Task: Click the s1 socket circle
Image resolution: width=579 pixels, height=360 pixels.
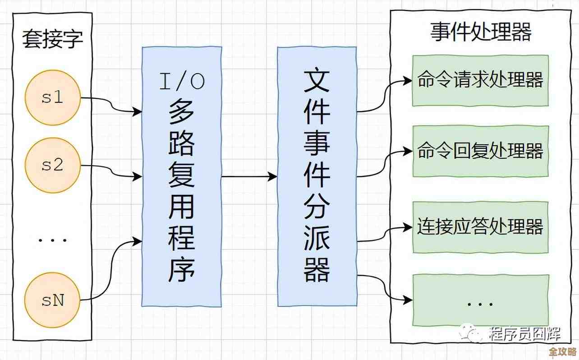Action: pos(53,97)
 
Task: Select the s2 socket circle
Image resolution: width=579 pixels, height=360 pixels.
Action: pos(53,165)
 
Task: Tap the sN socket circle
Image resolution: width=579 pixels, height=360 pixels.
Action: pos(53,300)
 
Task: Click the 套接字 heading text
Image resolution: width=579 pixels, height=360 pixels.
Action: pos(53,40)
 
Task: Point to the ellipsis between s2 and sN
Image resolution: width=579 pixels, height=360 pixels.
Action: pos(53,239)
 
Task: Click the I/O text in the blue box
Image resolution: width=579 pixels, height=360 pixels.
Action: pos(182,81)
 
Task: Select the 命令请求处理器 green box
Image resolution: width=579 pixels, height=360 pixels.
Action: pos(480,81)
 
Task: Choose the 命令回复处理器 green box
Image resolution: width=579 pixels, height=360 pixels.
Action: pos(480,151)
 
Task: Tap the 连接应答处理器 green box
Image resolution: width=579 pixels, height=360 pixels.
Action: pos(480,227)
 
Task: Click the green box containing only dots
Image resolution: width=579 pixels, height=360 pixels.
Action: pos(480,300)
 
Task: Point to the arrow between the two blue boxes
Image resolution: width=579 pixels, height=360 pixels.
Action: pos(249,177)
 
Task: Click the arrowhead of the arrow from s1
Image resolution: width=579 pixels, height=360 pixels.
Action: pos(137,111)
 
